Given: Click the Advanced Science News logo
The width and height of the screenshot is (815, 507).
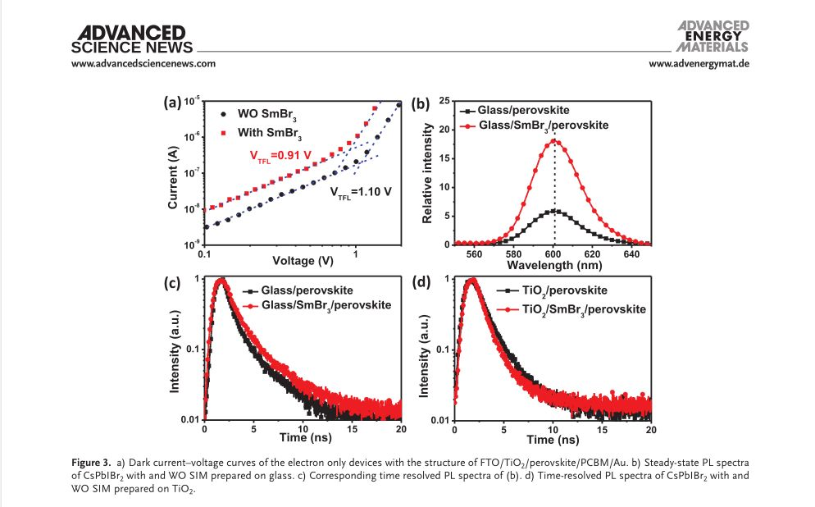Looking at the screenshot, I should point(131,38).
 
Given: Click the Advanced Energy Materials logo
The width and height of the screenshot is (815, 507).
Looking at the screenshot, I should point(713,35).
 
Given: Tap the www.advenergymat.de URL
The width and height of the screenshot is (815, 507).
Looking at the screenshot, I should point(699,64).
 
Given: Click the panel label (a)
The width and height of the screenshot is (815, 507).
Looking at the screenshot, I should point(171,103).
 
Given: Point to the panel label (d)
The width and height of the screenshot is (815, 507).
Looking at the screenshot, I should point(423,283).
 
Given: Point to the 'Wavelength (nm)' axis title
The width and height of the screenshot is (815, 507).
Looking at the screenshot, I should point(553,265).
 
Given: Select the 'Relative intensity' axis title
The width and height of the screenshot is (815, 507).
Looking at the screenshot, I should point(427,172).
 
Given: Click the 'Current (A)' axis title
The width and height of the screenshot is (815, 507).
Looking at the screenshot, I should point(174,176).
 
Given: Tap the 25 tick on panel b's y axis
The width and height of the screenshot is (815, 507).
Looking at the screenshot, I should point(444,101).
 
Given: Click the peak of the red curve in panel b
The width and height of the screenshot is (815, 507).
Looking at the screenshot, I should point(554,140).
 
